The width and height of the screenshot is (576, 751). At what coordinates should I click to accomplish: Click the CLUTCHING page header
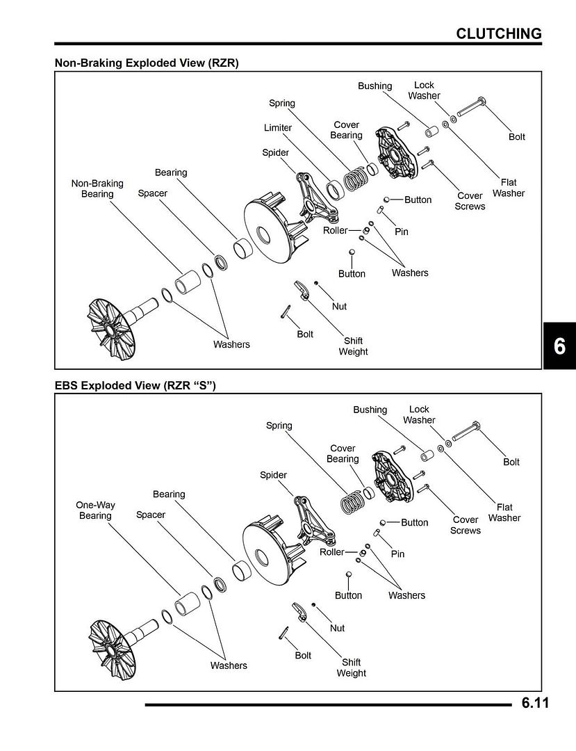(x=498, y=33)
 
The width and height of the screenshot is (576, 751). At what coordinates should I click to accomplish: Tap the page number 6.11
(x=535, y=703)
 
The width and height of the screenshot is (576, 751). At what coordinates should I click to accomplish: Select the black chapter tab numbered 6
(x=559, y=346)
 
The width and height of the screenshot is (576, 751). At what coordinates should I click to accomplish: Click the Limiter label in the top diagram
(x=278, y=128)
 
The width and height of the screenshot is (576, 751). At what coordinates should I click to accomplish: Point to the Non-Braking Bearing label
(x=97, y=188)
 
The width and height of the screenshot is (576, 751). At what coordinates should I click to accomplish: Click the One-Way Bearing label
(x=95, y=510)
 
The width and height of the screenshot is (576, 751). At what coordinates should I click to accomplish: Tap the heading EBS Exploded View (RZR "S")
(x=135, y=385)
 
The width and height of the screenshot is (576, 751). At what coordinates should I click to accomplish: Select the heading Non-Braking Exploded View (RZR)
(x=147, y=63)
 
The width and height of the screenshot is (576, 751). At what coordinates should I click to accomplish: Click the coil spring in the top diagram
(x=356, y=179)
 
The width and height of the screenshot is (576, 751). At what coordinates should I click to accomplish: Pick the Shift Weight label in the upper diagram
(x=353, y=346)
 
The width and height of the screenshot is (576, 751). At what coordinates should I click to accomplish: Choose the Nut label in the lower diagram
(x=337, y=628)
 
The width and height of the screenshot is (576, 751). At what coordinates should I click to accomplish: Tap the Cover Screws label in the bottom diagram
(x=465, y=525)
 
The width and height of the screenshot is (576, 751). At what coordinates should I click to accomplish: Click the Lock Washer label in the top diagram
(x=424, y=90)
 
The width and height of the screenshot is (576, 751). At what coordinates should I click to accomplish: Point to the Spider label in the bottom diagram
(x=273, y=475)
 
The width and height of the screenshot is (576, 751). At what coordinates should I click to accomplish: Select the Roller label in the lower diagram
(x=331, y=552)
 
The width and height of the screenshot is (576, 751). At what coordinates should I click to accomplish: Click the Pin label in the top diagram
(x=402, y=232)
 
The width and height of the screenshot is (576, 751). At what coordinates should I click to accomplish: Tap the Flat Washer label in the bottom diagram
(x=504, y=512)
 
